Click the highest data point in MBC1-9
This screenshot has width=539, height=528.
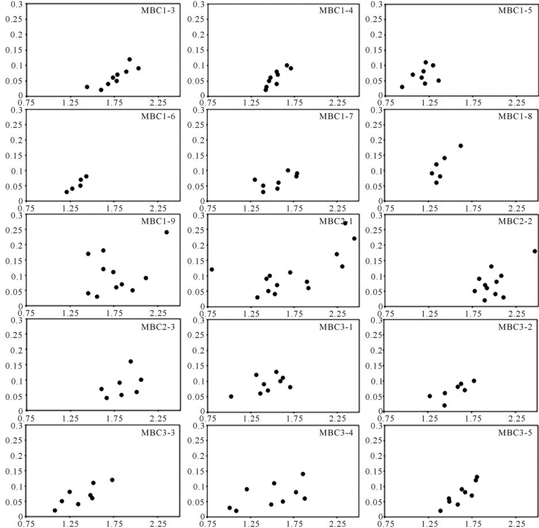point(167,232)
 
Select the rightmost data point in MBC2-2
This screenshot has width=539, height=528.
point(534,251)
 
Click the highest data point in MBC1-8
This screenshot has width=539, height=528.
point(460,146)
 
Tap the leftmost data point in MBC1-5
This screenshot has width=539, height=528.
point(402,87)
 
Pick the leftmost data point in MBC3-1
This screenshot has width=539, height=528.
point(231,396)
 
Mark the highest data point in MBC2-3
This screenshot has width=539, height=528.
point(130,361)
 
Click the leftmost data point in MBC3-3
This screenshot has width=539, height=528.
point(55,510)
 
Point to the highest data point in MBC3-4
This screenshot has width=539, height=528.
point(303,474)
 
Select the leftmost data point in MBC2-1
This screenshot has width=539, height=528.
point(211,269)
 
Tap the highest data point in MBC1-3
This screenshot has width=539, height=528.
point(129,59)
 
